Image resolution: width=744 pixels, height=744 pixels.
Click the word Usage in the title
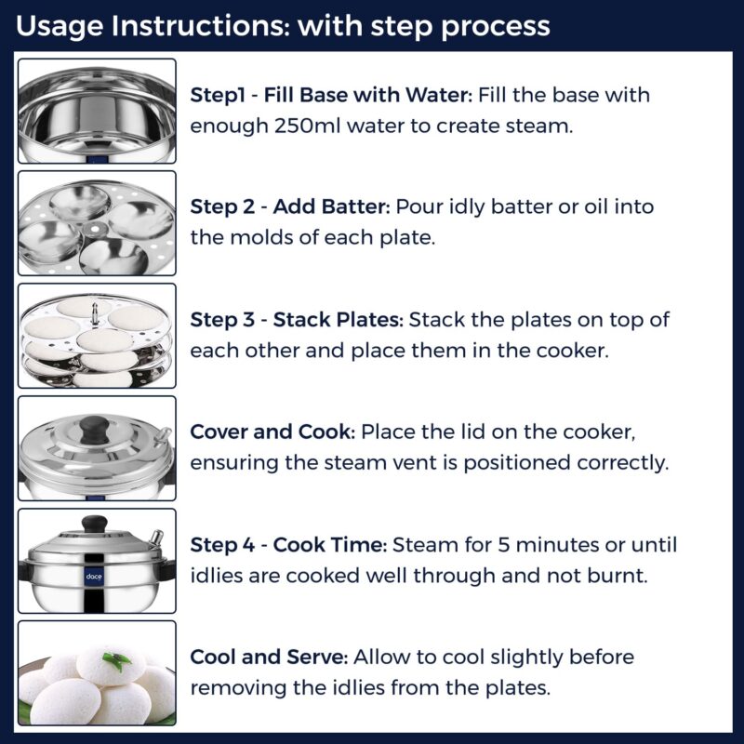(59, 25)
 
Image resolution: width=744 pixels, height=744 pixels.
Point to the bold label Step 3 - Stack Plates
(297, 320)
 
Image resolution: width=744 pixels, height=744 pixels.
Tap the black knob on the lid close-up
(93, 429)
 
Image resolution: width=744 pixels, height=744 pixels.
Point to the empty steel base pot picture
(97, 111)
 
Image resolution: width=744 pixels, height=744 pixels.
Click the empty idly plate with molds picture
(97, 223)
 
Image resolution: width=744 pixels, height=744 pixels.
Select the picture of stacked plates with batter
(97, 336)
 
